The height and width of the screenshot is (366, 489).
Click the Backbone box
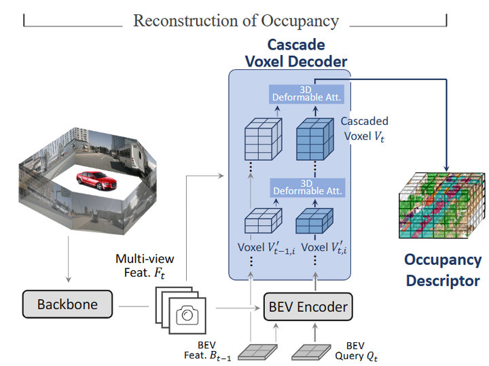pos(67,304)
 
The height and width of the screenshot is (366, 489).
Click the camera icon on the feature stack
pos(185,314)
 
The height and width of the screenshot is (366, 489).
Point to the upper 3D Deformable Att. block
pos(308,94)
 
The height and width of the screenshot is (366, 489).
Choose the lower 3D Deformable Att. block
pos(308,187)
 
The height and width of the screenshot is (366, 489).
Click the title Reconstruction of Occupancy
pos(236,20)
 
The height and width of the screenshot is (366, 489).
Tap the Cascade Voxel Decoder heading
pos(295,53)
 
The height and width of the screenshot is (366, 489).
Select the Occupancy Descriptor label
pos(443,270)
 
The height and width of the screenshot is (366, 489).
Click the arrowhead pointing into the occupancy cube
pos(446,166)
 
